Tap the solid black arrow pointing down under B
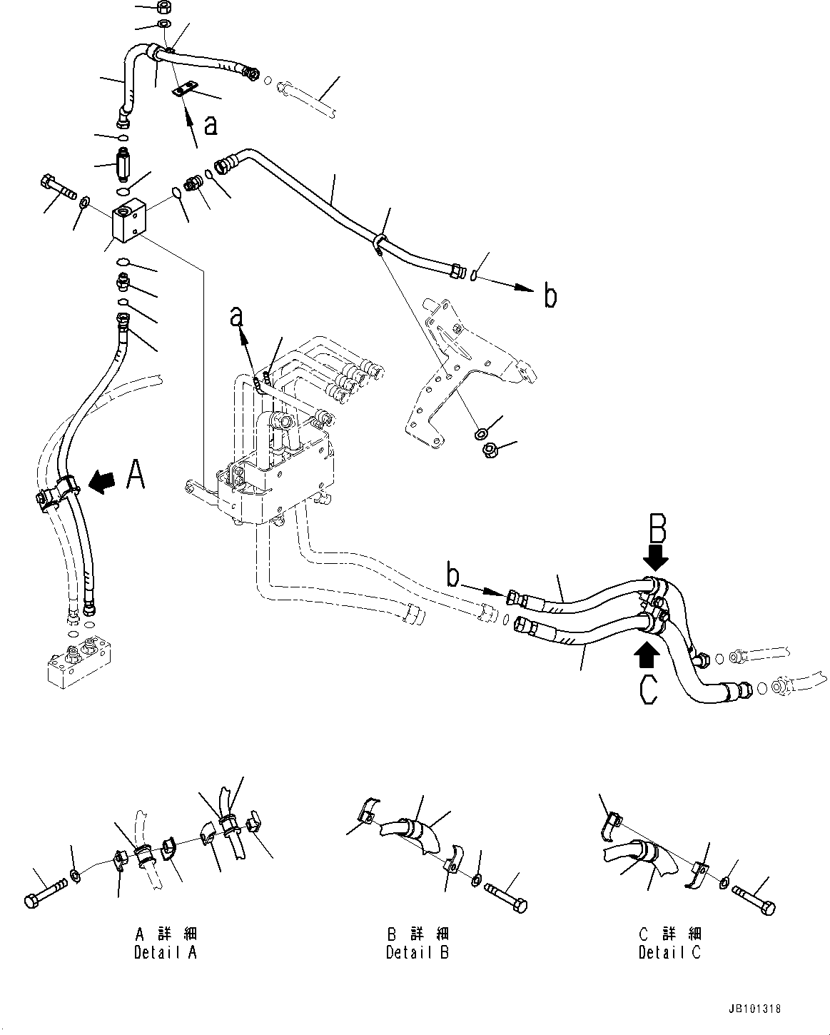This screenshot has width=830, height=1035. (x=655, y=555)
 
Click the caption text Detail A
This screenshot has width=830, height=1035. (x=165, y=952)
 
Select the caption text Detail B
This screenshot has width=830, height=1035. (x=417, y=952)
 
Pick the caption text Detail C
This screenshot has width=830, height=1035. (x=669, y=952)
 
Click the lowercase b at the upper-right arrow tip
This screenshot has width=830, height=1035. (x=550, y=295)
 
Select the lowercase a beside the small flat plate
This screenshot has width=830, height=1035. (x=211, y=126)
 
